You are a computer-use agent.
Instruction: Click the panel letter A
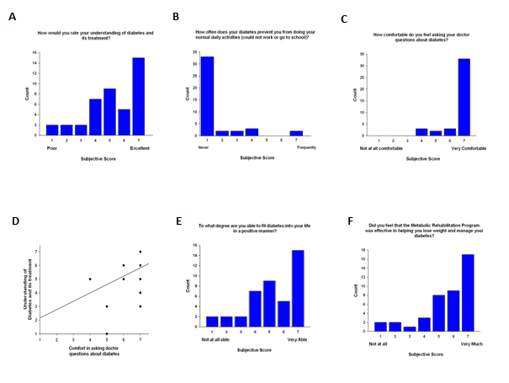coord(12,17)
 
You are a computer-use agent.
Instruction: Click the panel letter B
coord(176,17)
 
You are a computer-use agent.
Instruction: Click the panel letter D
coord(14,221)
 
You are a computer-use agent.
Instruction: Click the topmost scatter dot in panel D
coord(141,252)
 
